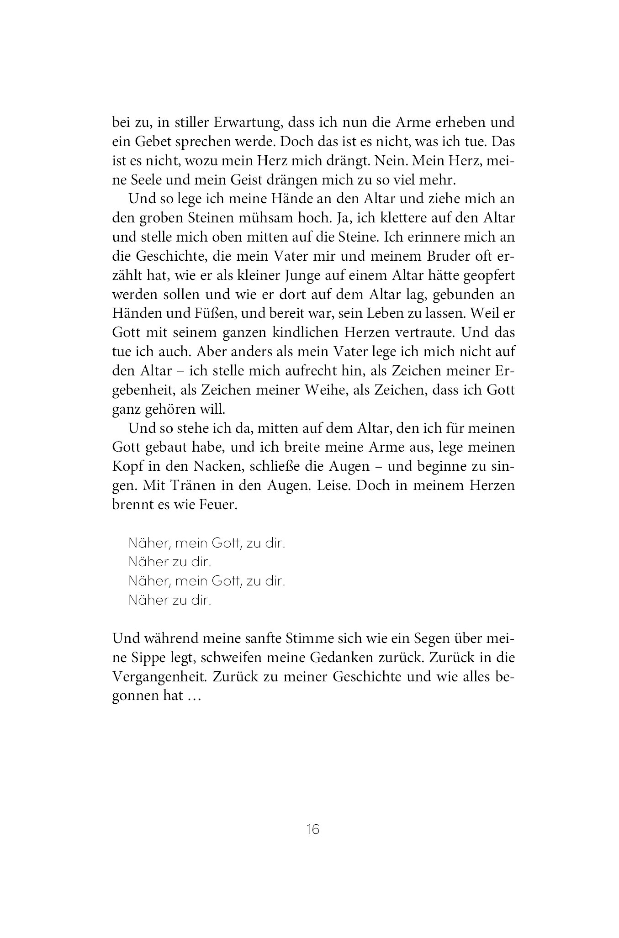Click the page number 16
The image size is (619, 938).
(x=313, y=829)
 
